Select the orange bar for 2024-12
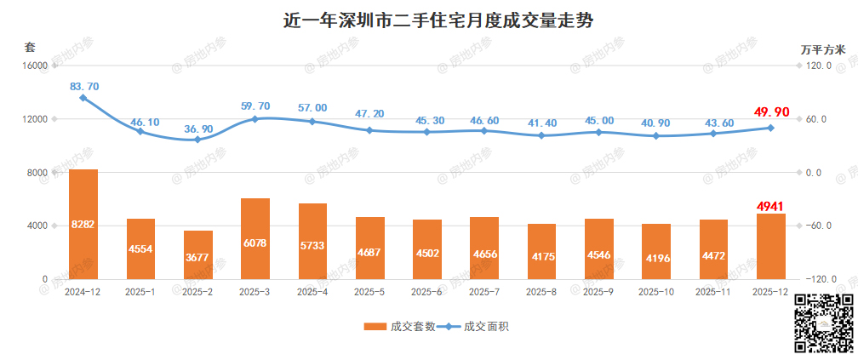click(83, 224)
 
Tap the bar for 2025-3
click(255, 238)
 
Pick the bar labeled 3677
click(198, 254)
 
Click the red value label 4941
click(771, 206)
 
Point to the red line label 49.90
click(771, 112)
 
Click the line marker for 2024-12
click(83, 98)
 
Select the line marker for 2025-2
click(198, 140)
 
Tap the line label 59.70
click(255, 106)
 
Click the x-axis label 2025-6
click(427, 292)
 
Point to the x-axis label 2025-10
click(656, 292)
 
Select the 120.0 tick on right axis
click(820, 66)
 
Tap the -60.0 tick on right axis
click(820, 226)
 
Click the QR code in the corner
click(823, 323)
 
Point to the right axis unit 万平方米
click(823, 49)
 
